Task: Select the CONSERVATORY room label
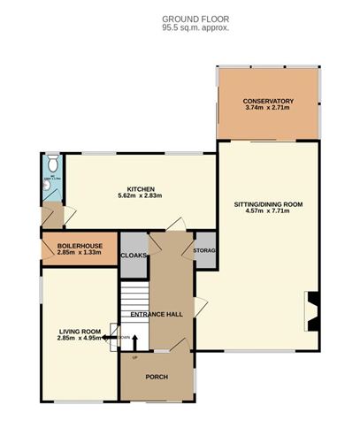click(x=268, y=101)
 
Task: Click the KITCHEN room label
click(x=141, y=189)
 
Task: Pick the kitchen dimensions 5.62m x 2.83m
click(x=141, y=196)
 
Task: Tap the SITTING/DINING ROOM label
click(x=268, y=204)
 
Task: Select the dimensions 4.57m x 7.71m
click(x=268, y=212)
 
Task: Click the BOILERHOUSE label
click(x=80, y=245)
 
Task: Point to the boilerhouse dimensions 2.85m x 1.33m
click(x=80, y=253)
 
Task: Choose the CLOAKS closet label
click(x=134, y=255)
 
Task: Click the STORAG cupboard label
click(x=204, y=251)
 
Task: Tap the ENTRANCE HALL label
click(x=156, y=314)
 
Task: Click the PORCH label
click(x=156, y=377)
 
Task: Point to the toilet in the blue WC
click(x=52, y=163)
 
